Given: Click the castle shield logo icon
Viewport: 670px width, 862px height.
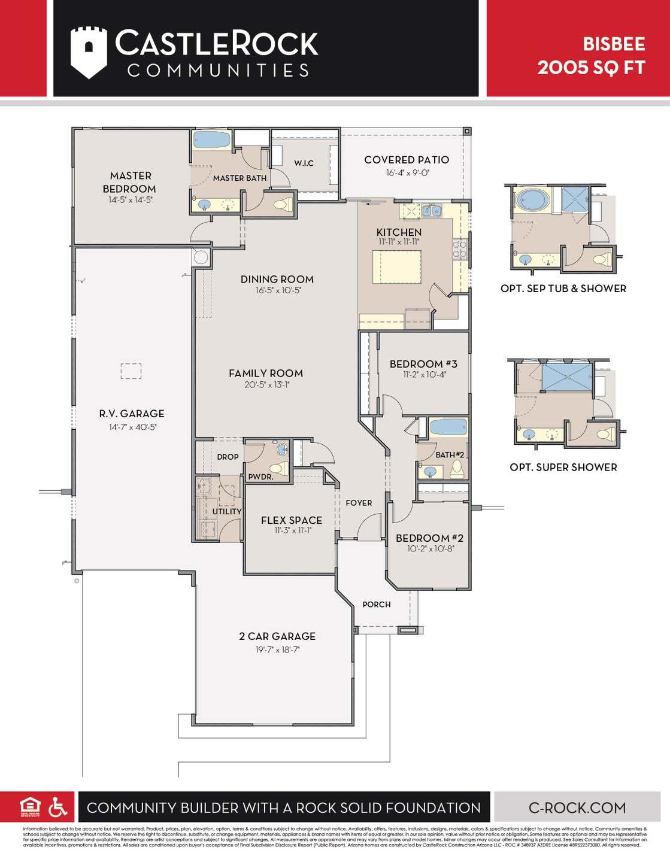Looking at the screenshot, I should click(x=89, y=52).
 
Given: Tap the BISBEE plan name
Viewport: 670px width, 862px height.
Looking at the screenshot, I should click(x=614, y=44).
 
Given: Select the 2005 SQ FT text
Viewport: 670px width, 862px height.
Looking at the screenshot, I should click(x=591, y=67).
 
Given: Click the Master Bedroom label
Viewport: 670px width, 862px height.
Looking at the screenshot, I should click(x=130, y=182).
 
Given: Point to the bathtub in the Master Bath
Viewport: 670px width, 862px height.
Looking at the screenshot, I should click(x=212, y=140).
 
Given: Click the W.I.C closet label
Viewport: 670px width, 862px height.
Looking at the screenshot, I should click(x=304, y=163).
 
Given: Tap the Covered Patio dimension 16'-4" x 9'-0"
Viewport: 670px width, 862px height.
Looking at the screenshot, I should click(x=407, y=173).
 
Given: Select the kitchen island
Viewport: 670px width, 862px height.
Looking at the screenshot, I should click(x=396, y=267).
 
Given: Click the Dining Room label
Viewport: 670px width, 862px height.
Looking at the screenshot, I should click(x=277, y=279).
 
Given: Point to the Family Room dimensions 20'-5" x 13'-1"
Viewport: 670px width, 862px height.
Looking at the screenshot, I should click(x=266, y=385).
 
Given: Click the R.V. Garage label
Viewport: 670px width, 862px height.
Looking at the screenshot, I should click(x=132, y=414).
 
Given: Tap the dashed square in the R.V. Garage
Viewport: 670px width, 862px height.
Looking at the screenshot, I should click(x=131, y=371).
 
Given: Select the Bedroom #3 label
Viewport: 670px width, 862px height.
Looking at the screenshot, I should click(x=423, y=364).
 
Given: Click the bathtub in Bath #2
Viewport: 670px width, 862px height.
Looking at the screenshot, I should click(x=448, y=427).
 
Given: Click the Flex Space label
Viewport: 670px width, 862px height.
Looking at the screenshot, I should click(x=291, y=520).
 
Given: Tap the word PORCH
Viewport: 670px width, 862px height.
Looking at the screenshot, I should click(x=376, y=605).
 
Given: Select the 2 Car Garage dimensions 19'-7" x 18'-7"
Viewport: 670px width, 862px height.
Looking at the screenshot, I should click(x=277, y=649).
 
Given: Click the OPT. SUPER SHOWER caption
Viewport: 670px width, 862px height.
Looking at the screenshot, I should click(x=563, y=468).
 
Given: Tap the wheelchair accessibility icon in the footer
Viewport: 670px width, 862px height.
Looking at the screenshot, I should click(x=58, y=807).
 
